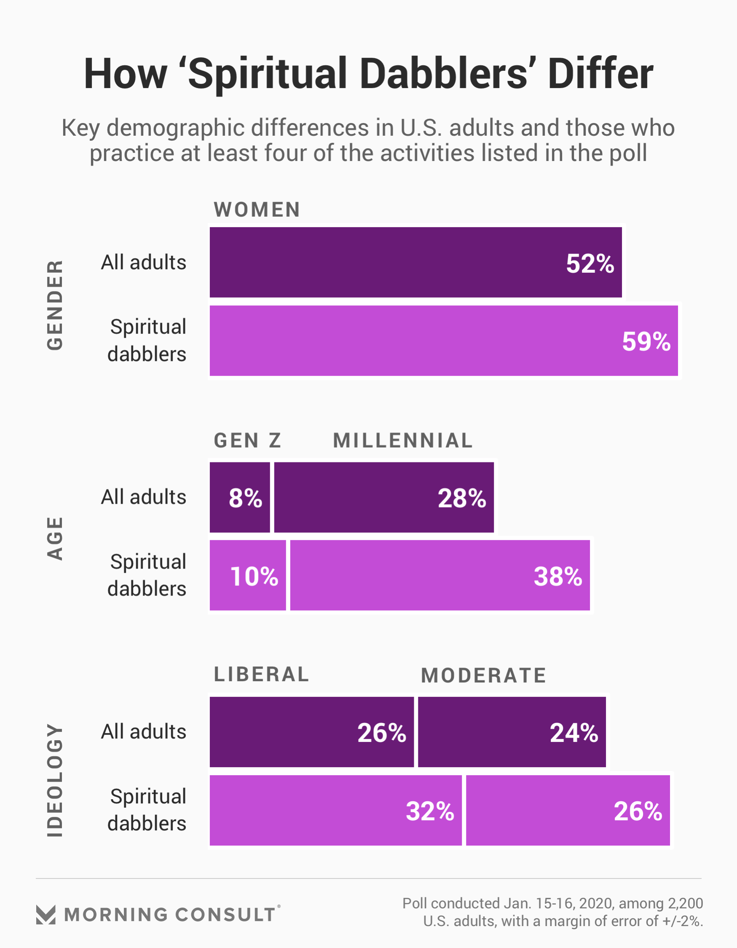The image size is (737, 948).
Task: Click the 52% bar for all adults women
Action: click(415, 262)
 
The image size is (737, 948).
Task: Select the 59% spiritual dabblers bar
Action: click(443, 341)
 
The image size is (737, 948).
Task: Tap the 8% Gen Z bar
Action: click(240, 497)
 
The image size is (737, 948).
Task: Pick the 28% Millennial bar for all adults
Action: click(384, 497)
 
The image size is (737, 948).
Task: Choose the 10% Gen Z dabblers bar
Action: click(247, 575)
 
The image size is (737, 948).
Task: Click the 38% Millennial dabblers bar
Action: click(440, 575)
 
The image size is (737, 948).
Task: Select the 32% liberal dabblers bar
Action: click(335, 811)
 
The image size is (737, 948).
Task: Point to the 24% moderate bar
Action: click(512, 732)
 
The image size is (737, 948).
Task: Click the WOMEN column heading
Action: click(257, 209)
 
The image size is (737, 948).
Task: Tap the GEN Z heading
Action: click(247, 440)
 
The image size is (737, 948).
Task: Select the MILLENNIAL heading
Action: click(403, 440)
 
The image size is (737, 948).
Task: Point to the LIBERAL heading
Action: click(261, 674)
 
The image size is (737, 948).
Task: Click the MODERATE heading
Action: click(483, 675)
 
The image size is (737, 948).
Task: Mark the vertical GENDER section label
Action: click(55, 305)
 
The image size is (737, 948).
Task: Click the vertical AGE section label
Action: click(55, 538)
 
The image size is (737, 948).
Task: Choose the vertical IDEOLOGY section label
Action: click(55, 780)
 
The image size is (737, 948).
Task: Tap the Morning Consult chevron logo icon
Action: click(46, 915)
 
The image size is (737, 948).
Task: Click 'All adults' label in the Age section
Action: click(144, 497)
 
